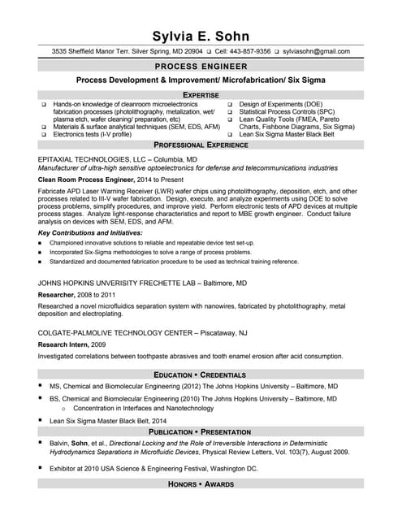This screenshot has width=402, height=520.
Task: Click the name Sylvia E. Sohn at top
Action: pos(201,37)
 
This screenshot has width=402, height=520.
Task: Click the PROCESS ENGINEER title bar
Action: pos(201,65)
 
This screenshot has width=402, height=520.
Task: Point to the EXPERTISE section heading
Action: pos(201,95)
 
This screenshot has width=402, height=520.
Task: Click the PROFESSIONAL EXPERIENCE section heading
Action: pos(201,144)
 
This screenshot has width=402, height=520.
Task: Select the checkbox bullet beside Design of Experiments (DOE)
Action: pos(230,105)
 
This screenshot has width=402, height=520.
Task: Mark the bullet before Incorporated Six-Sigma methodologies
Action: pos(41,253)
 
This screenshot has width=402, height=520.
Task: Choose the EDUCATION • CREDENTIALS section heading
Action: pos(201,375)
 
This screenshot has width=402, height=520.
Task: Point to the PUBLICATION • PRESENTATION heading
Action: pos(201,431)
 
